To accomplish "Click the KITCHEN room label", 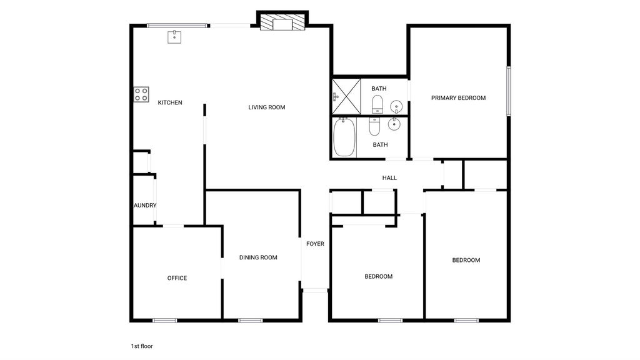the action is tap(170, 102).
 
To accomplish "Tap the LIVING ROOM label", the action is tap(266, 107).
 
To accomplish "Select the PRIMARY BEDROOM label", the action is tap(458, 98).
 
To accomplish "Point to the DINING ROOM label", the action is tap(258, 257).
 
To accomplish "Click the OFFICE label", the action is tap(177, 278).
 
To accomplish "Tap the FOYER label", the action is tap(315, 244).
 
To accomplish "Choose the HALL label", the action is tap(389, 178).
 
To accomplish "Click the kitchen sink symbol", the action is tap(174, 37).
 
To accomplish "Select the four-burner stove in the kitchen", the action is tap(141, 95).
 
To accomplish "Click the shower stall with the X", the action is tap(346, 97).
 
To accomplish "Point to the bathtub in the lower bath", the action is tap(344, 137).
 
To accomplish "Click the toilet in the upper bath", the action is tap(377, 104).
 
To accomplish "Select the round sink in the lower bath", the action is tap(394, 124).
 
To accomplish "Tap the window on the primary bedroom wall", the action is tap(509, 91).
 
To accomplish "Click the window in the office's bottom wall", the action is tap(165, 321).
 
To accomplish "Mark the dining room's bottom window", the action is tap(250, 321).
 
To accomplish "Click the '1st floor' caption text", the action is tap(142, 346).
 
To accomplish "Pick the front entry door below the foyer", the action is tap(315, 290).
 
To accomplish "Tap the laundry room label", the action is tap(145, 205).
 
